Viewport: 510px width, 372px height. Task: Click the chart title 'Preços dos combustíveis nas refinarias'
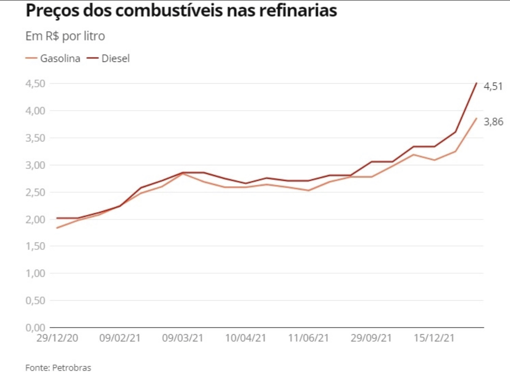point(181,11)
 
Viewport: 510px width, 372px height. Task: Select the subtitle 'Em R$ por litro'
point(65,36)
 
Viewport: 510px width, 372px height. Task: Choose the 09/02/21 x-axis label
point(120,338)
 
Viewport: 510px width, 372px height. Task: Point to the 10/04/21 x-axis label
point(246,338)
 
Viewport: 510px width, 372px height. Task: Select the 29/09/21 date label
point(371,338)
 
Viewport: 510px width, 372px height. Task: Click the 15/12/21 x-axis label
point(434,338)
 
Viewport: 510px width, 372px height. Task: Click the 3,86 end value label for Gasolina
point(493,121)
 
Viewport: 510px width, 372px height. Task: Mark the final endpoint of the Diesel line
point(476,83)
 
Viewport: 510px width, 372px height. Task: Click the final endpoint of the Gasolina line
point(476,118)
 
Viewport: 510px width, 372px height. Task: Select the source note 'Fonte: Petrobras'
point(58,367)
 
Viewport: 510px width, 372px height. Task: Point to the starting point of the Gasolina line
point(57,228)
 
